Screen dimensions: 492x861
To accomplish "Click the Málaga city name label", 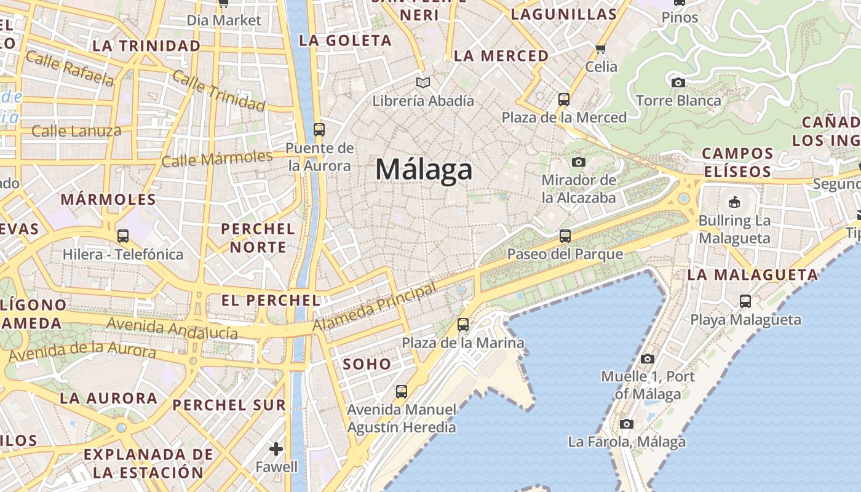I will pyautogui.click(x=424, y=170).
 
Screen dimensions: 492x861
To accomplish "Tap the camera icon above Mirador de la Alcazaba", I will pyautogui.click(x=578, y=162).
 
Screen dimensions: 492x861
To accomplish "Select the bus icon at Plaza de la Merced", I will pyautogui.click(x=563, y=99).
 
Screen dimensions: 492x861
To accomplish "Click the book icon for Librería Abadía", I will pyautogui.click(x=423, y=82).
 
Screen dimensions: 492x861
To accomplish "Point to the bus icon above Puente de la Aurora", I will pyautogui.click(x=319, y=129).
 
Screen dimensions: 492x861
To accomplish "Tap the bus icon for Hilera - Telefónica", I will pyautogui.click(x=122, y=236).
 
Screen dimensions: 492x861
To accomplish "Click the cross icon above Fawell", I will pyautogui.click(x=276, y=449).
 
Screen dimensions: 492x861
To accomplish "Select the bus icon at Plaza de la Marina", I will pyautogui.click(x=462, y=324).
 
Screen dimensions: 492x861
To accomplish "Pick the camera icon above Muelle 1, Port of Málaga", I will pyautogui.click(x=647, y=359).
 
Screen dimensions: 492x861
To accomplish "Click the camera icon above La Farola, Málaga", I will pyautogui.click(x=626, y=424).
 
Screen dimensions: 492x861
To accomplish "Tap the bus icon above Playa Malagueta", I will pyautogui.click(x=745, y=301).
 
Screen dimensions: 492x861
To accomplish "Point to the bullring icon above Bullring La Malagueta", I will pyautogui.click(x=734, y=202).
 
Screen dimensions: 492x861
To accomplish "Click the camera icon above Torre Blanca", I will pyautogui.click(x=678, y=82).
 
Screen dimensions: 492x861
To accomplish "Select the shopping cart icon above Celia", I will pyautogui.click(x=601, y=48).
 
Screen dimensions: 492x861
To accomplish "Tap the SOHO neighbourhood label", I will pyautogui.click(x=367, y=364).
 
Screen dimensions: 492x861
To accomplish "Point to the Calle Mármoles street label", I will pyautogui.click(x=216, y=158).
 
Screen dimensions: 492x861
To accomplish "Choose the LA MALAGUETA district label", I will pyautogui.click(x=753, y=275).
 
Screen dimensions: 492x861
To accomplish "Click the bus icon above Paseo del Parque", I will pyautogui.click(x=565, y=236).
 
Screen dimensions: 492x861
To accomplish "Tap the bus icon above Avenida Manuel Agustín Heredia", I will pyautogui.click(x=401, y=391).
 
